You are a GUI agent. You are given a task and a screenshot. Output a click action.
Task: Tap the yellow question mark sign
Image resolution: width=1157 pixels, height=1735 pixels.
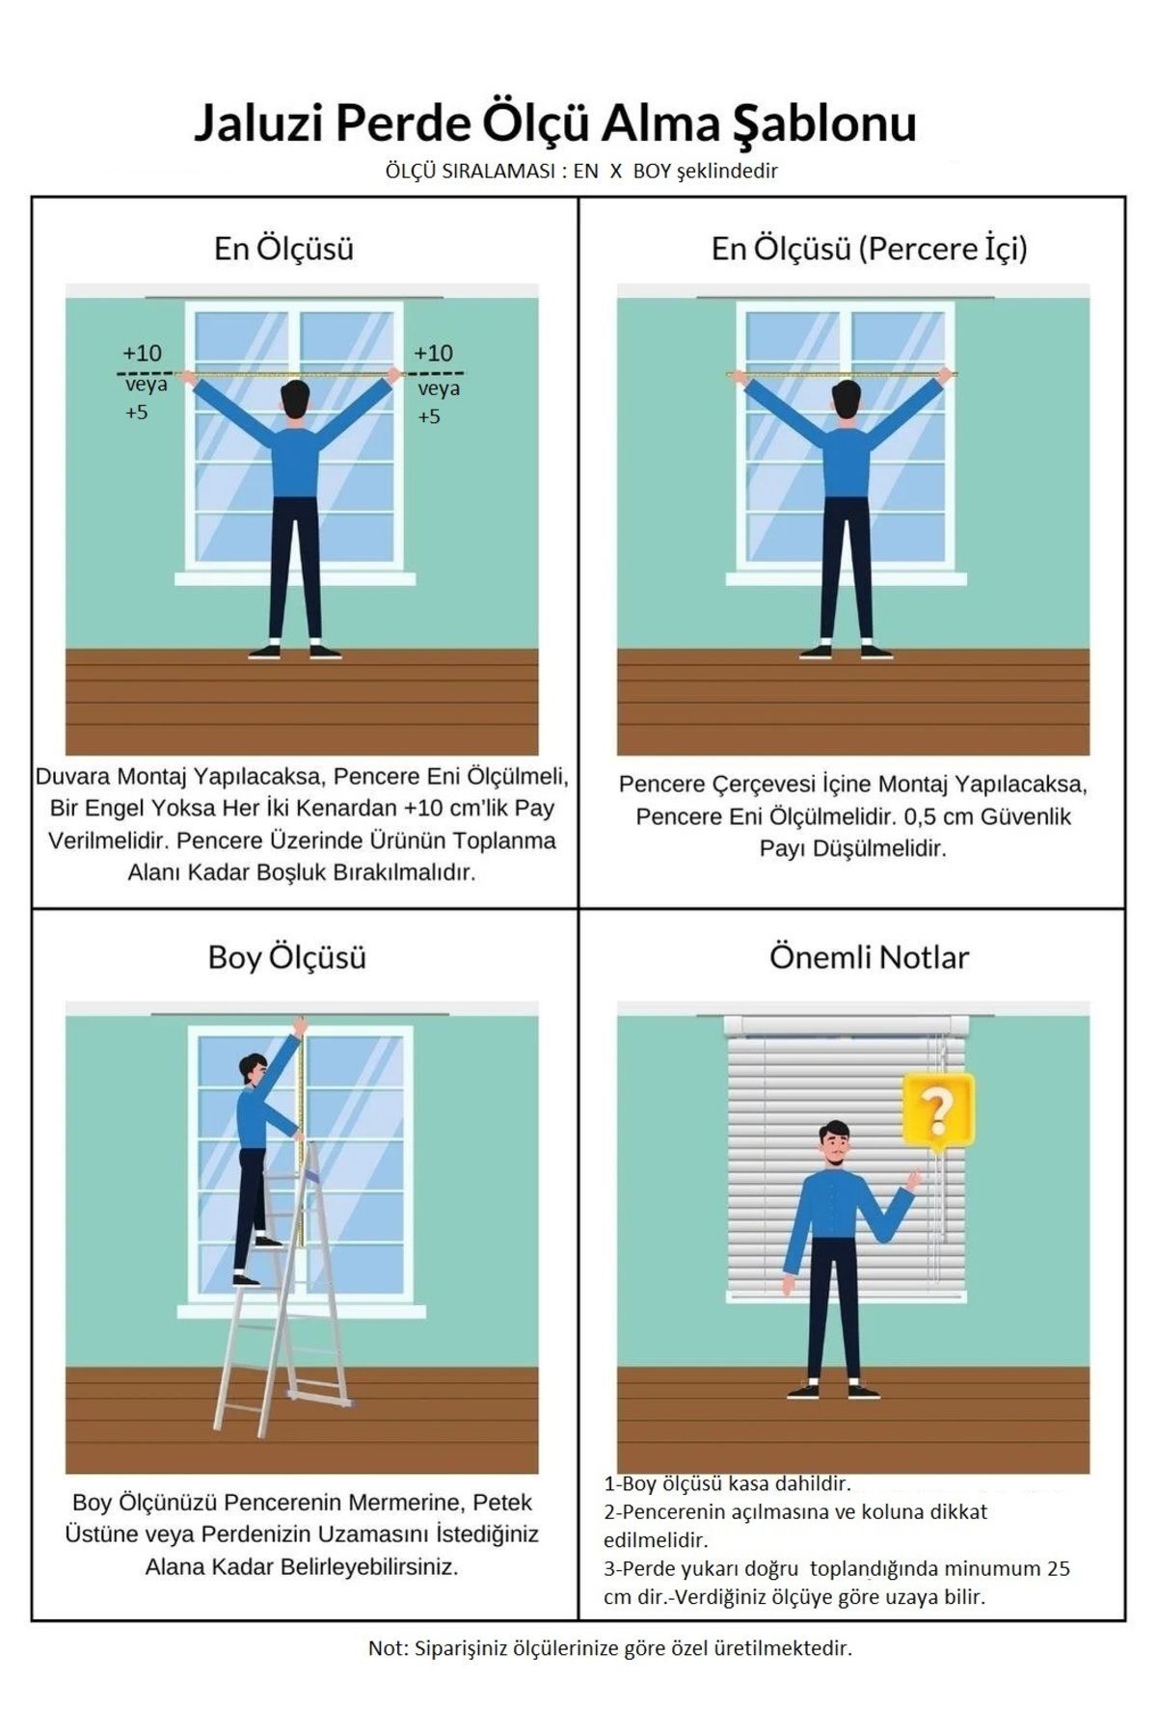pos(938,1111)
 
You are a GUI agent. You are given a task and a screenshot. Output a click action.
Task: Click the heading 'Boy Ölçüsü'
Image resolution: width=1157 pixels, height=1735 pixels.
pos(287,957)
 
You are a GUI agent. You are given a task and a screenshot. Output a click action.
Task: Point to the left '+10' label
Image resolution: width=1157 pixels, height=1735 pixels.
pos(142,353)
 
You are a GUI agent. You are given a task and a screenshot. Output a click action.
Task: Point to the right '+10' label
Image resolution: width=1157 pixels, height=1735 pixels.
pos(433,353)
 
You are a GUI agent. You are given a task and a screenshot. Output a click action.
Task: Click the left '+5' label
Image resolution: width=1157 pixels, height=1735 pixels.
pos(137,413)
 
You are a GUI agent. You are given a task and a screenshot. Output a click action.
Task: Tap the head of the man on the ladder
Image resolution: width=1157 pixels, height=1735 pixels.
pos(255,1067)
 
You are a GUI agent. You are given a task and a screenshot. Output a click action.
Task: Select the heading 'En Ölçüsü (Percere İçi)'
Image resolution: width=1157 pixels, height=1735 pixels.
pos(869,249)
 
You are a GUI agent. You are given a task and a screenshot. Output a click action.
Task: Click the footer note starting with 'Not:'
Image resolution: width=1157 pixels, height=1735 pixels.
pos(609,1674)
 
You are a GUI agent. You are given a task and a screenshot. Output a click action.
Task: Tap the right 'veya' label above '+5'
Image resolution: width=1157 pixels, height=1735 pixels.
pos(439,388)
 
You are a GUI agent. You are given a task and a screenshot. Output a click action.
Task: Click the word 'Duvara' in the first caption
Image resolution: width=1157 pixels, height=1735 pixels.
pos(70,776)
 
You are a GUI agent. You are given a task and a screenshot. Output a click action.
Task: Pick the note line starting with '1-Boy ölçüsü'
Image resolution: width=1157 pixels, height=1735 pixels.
pos(727,1483)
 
